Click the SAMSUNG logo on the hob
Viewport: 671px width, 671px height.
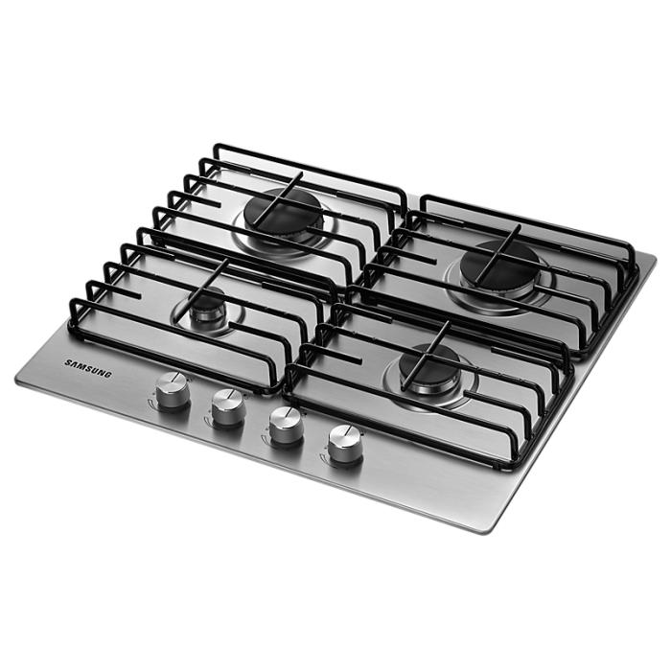[88, 369]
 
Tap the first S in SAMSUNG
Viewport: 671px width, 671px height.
[68, 363]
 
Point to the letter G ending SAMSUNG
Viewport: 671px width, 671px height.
[108, 375]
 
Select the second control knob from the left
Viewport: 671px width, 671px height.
[228, 407]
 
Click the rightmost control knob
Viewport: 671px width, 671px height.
[345, 444]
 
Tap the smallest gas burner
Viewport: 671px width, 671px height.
[208, 305]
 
